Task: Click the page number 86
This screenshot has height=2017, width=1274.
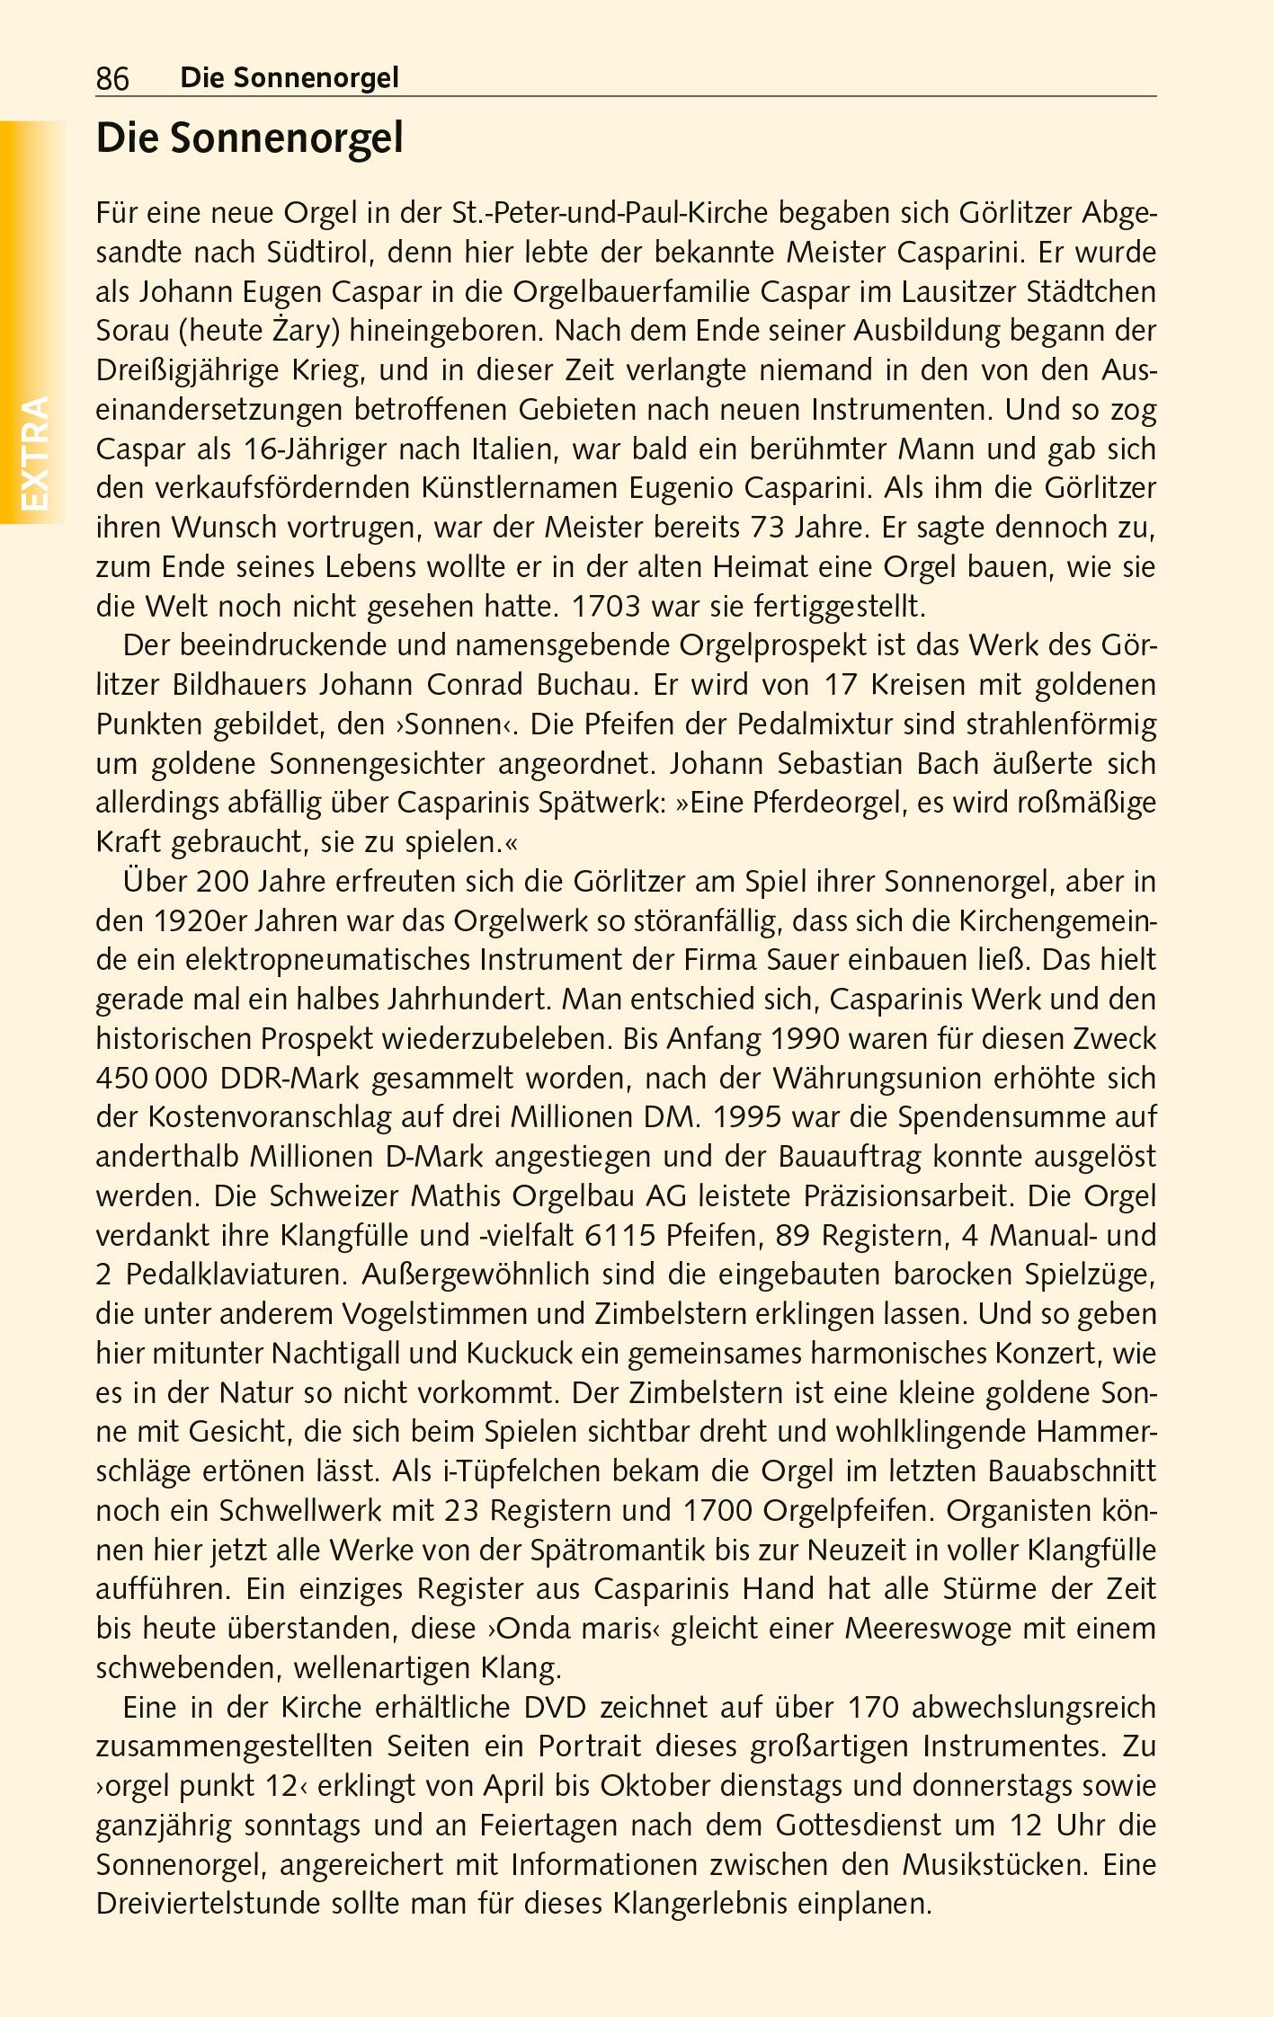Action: click(x=112, y=79)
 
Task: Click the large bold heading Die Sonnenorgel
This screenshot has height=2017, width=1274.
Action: click(x=249, y=138)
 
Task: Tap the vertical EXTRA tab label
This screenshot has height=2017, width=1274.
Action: click(x=34, y=453)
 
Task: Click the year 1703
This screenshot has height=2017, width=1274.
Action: click(x=606, y=607)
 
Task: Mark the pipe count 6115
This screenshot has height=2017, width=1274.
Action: click(x=619, y=1236)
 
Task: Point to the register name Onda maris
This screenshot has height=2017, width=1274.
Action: click(x=574, y=1629)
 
